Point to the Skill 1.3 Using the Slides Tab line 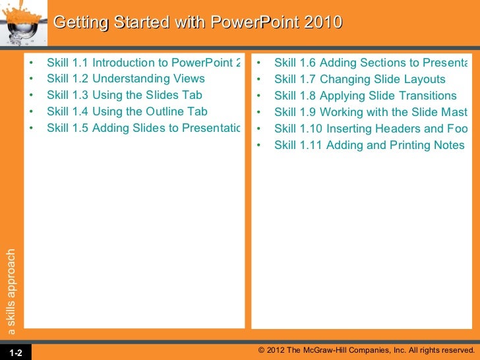[125, 96]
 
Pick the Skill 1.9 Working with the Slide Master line [370, 112]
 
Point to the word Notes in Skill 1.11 [448, 144]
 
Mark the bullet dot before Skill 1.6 [260, 63]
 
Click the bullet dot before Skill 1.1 [32, 63]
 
